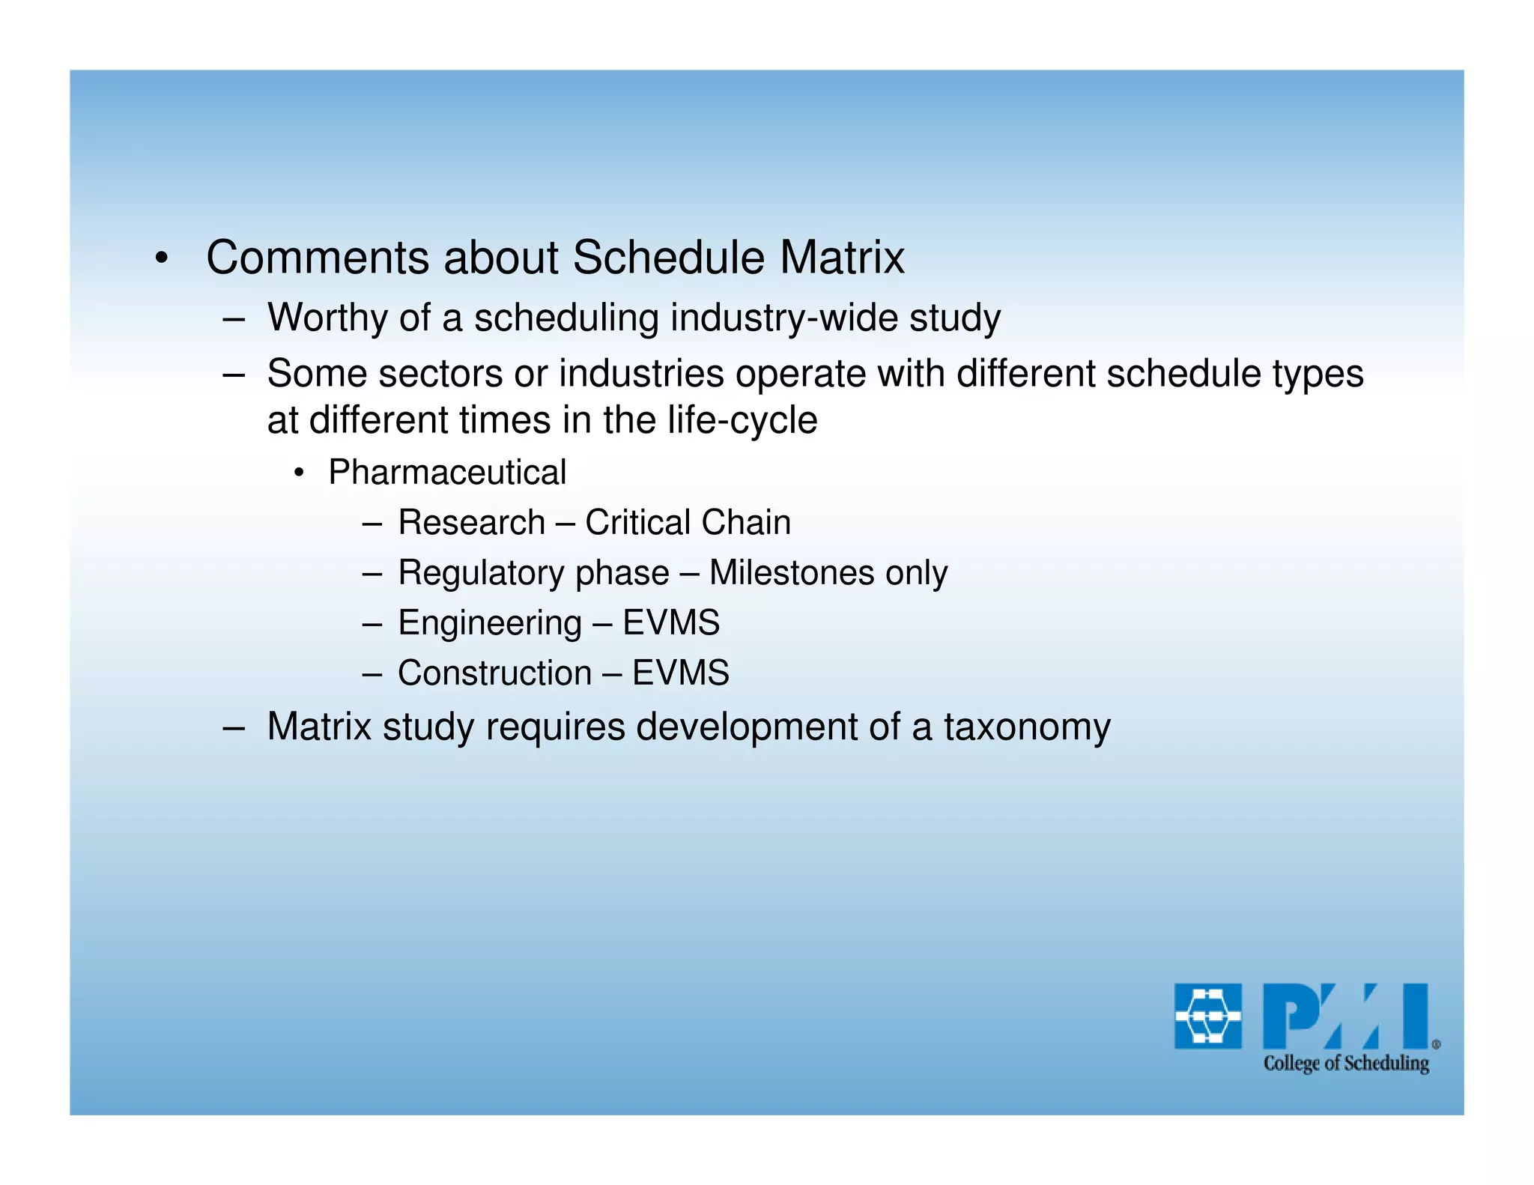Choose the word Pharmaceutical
(447, 473)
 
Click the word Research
(471, 522)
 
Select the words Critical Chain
(688, 522)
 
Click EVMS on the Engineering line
(671, 623)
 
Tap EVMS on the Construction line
(680, 673)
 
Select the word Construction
(494, 673)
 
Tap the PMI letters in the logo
(1345, 1016)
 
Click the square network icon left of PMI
(1207, 1016)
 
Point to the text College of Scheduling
(1346, 1064)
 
